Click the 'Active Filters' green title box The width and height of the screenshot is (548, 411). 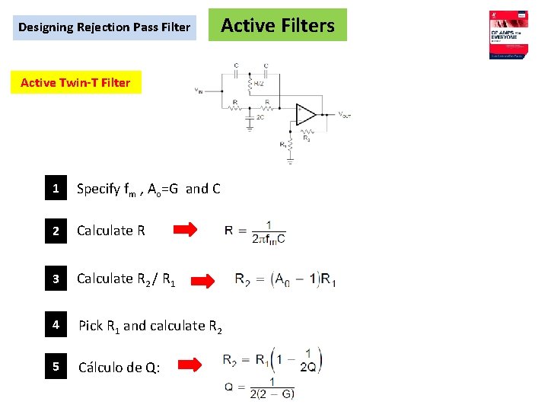tap(277, 25)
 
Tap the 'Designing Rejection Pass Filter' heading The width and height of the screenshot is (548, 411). tap(104, 27)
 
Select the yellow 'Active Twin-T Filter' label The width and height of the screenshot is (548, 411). tap(75, 82)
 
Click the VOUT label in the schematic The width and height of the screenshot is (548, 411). tap(344, 115)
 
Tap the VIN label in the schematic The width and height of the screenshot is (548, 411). tap(199, 91)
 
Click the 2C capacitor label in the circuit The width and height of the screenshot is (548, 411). tap(260, 117)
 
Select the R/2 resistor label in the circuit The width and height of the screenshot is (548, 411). tap(258, 83)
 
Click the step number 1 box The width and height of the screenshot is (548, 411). tap(55, 189)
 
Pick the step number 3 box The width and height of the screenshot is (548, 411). tap(55, 279)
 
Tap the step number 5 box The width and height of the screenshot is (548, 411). tap(55, 368)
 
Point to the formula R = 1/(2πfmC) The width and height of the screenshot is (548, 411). tap(256, 232)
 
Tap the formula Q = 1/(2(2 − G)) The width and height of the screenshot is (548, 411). tap(260, 388)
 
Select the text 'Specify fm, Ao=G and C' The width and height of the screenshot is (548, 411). tap(148, 189)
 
